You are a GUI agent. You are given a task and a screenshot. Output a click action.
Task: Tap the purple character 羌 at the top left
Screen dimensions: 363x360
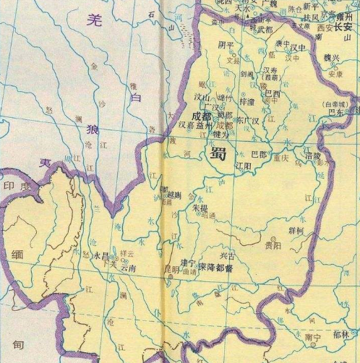[93, 20]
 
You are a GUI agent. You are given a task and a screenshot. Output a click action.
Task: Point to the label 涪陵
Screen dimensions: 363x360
[314, 155]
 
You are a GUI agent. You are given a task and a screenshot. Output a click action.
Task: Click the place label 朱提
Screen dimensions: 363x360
[201, 208]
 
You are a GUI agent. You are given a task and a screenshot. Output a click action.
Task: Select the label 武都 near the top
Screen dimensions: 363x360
[265, 30]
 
